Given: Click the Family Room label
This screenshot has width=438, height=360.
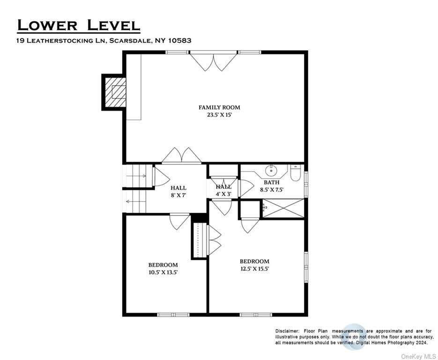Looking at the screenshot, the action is [219, 107].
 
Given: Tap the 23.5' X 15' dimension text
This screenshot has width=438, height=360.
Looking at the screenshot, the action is [220, 114].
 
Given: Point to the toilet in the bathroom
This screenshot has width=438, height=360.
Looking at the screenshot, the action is [295, 173].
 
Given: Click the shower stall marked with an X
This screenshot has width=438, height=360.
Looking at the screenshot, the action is [283, 208].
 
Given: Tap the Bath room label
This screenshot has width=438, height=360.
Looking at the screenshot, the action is [272, 182].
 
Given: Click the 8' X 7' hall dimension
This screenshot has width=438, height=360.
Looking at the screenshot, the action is [178, 195].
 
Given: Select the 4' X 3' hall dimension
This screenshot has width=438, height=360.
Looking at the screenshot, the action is [223, 194].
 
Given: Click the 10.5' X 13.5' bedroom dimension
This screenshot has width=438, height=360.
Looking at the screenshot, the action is [163, 272].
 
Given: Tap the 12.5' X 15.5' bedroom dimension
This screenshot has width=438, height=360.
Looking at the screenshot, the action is [254, 269].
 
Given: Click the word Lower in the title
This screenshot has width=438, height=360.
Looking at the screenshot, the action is [47, 25].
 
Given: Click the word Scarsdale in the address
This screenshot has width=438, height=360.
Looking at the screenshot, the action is [130, 40].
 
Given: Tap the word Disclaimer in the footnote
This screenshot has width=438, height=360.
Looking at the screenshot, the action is [287, 331].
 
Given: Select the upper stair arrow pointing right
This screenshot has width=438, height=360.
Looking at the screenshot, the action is [136, 176].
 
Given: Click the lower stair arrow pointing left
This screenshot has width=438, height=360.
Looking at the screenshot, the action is [136, 201].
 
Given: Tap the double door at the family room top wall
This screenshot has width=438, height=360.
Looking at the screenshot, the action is [214, 61].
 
